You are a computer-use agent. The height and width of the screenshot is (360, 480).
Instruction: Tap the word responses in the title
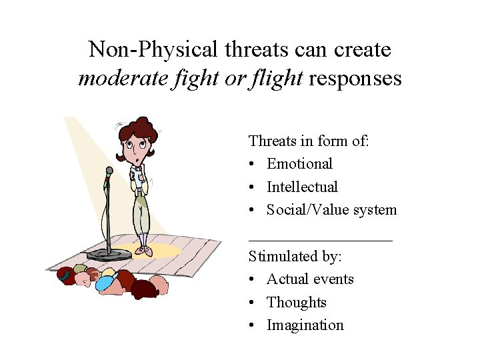coord(355,79)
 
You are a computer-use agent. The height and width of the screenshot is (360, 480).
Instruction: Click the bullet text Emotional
coord(299,164)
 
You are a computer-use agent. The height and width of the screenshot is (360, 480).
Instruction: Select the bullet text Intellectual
coord(302,187)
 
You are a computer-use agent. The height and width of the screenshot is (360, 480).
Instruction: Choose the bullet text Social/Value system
coord(331,210)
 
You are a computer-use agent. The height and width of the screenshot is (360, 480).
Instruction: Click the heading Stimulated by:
coord(291,256)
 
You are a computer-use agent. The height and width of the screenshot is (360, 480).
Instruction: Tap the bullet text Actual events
coord(310,279)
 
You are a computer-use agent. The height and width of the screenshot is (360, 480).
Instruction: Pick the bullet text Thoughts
coord(297,303)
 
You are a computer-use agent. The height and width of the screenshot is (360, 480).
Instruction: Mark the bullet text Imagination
coord(305,325)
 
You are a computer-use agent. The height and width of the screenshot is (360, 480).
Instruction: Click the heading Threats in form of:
coord(309,141)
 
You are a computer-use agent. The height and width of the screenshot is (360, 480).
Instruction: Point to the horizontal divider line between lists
coord(320,239)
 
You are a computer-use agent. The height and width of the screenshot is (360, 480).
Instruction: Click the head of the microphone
coord(109,171)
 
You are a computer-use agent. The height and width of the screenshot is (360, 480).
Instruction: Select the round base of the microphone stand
coord(109,255)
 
